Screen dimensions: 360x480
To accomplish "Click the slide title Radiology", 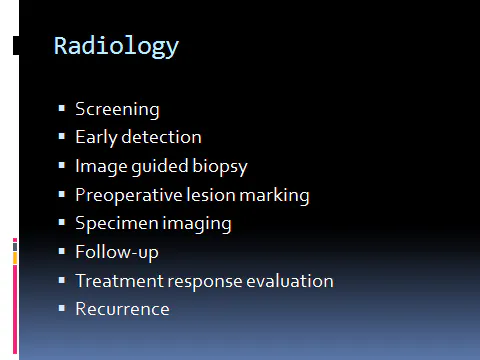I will click(x=116, y=46).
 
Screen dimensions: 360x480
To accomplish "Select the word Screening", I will click(x=117, y=109).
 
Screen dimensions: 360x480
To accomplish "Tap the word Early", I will click(x=95, y=137).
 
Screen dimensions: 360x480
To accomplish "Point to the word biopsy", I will click(x=221, y=166).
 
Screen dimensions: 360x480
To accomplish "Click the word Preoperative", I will click(x=129, y=195).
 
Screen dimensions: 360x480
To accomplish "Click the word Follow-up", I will click(x=117, y=252).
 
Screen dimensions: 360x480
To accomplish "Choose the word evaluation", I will click(x=290, y=280).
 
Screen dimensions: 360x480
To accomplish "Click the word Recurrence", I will click(x=122, y=309).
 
